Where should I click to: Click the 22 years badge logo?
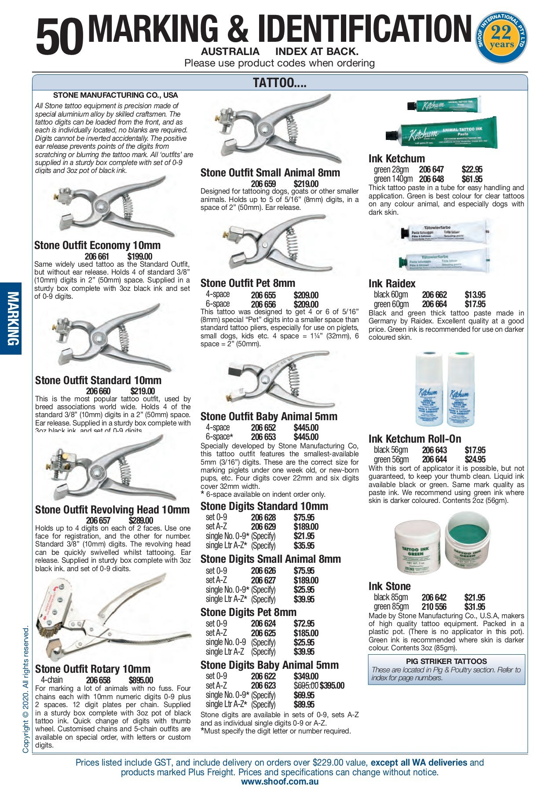(501, 38)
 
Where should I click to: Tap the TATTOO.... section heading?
(279, 83)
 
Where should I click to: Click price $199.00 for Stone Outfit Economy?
(140, 257)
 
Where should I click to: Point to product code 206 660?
(98, 391)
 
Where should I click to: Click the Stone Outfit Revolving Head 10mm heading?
(112, 510)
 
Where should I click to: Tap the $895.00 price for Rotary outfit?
(141, 680)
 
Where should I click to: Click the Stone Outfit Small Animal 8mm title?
(270, 173)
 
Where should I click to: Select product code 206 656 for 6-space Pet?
(263, 304)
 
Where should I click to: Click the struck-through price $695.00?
(306, 686)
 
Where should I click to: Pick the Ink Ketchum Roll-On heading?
(415, 439)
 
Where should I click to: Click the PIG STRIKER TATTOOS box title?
(446, 661)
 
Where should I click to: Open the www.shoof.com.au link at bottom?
(280, 781)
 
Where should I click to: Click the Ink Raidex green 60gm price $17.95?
(475, 304)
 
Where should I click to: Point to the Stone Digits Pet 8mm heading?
(248, 612)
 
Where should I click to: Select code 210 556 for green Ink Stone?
(434, 607)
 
